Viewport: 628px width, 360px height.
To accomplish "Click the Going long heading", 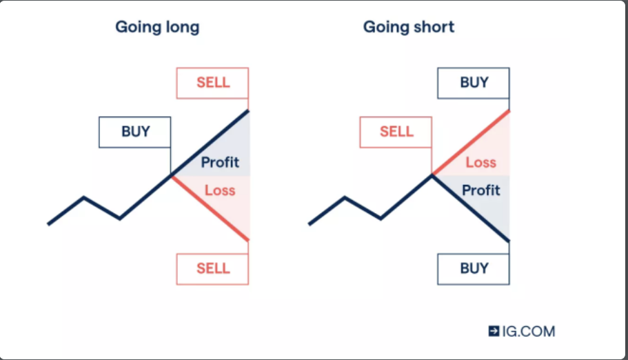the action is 157,28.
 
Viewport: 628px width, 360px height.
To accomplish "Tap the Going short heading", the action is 409,27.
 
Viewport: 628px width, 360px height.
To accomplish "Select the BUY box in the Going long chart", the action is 135,132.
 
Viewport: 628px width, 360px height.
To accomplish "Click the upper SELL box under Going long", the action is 212,83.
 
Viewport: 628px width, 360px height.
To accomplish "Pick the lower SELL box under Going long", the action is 212,269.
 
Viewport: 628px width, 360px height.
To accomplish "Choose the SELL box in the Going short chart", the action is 396,132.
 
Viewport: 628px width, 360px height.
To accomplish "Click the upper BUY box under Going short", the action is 474,83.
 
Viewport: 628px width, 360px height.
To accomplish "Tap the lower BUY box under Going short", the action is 474,269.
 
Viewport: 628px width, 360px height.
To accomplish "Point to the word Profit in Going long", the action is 220,162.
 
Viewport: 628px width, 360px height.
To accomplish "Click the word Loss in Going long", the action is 220,190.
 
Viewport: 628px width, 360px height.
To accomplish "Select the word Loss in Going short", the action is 480,162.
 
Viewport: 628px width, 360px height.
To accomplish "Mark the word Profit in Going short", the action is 481,190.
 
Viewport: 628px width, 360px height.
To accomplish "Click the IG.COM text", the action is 529,331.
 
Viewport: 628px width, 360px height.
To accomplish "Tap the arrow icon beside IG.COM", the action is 494,331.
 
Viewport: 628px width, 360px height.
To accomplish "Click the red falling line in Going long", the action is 210,208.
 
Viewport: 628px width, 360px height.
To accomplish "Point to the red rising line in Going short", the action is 471,143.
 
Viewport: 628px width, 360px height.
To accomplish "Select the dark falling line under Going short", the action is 471,208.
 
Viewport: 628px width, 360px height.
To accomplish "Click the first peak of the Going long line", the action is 83,197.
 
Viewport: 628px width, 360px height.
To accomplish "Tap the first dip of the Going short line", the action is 381,219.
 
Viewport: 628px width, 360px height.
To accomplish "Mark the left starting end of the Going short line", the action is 310,224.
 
